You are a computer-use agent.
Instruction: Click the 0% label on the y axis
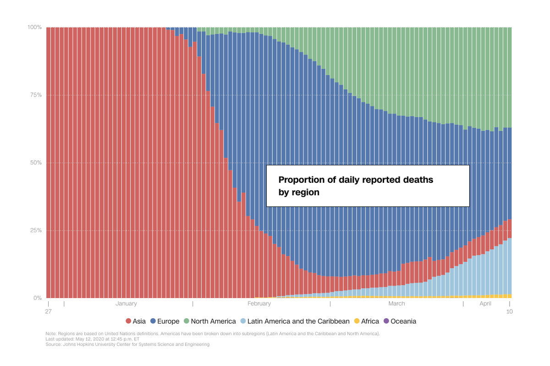(x=38, y=298)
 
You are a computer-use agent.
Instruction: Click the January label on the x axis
(x=126, y=304)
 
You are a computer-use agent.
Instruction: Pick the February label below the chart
(x=259, y=304)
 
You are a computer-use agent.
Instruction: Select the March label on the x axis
(x=396, y=304)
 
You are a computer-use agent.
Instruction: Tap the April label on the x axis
(x=485, y=304)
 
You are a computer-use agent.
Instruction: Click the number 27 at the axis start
(x=48, y=311)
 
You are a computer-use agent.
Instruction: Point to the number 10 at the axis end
(x=509, y=311)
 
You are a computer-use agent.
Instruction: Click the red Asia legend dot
(x=128, y=321)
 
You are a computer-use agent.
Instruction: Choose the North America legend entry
(x=213, y=321)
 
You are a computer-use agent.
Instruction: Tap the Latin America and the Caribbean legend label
(x=298, y=321)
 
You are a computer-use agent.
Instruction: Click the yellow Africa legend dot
(x=357, y=321)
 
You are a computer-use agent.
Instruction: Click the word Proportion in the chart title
(x=301, y=180)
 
